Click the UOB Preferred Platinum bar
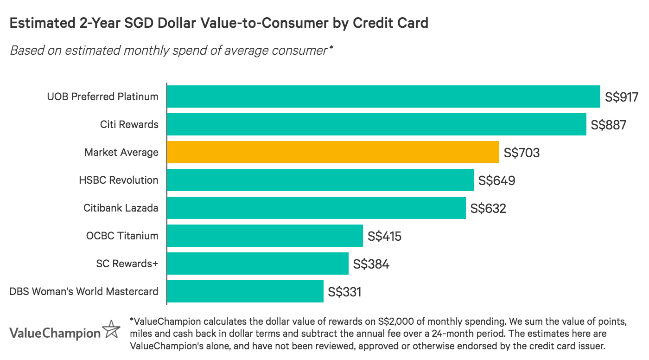[383, 96]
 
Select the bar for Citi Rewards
[376, 124]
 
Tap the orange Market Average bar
[333, 152]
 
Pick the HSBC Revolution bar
[320, 180]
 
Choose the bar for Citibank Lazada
[316, 208]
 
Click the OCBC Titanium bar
[265, 236]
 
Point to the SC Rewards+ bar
[258, 264]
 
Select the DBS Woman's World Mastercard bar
[245, 291]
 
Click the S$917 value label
[622, 97]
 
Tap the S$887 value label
[609, 125]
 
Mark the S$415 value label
[384, 236]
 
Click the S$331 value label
[344, 292]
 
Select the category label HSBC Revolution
[119, 180]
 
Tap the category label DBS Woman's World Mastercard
[84, 291]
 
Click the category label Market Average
[121, 152]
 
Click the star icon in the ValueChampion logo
[111, 330]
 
